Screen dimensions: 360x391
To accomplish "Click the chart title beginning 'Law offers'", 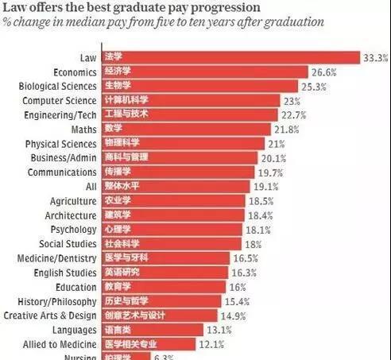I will (131, 7).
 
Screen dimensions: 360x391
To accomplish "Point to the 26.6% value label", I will (323, 72).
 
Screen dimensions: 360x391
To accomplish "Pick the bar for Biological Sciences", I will (199, 86).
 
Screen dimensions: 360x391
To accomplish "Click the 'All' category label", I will (88, 186).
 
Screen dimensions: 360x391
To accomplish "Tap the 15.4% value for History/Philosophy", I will (238, 301).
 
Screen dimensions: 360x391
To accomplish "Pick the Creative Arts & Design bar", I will (159, 315).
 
